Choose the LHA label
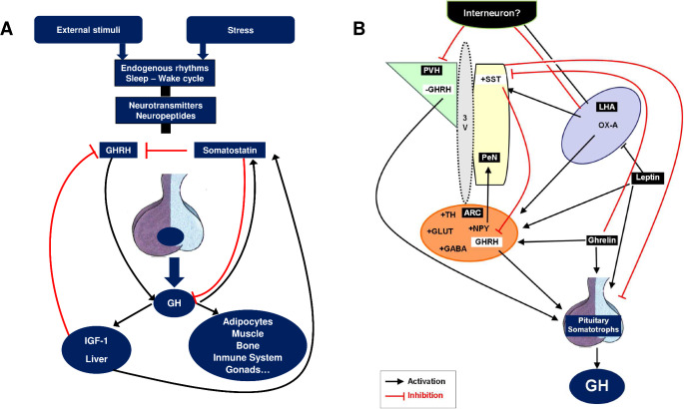pos(605,106)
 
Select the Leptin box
pos(647,178)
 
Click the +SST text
pos(491,77)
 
